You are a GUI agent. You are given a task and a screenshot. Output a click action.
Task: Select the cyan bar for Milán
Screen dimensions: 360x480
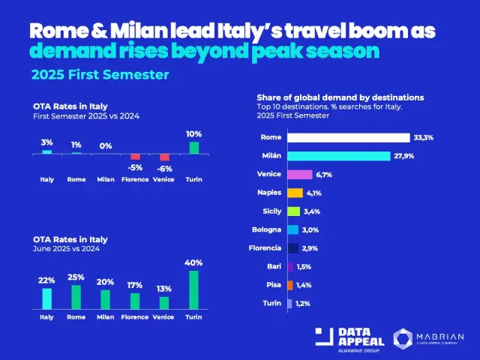(338, 156)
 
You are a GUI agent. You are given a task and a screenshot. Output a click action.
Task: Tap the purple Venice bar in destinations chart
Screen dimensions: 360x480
(299, 174)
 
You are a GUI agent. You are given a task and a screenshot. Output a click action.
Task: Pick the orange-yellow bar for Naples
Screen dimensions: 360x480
(295, 193)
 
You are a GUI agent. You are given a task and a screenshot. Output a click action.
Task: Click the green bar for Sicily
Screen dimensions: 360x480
(293, 211)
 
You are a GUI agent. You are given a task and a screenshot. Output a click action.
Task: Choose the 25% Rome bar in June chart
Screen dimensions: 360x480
(76, 297)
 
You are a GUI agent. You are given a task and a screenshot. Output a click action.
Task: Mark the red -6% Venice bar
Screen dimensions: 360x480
(164, 157)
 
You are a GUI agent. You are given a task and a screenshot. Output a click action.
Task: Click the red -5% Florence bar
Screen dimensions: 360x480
(135, 157)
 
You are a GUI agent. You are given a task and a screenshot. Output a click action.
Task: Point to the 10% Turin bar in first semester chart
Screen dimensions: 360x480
(194, 148)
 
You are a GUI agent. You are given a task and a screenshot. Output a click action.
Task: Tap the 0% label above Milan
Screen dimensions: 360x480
(106, 146)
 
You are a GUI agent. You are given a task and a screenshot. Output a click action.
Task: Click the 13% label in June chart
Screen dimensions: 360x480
(164, 289)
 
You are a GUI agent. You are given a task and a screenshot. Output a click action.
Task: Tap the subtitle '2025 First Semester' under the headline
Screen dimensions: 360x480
(100, 75)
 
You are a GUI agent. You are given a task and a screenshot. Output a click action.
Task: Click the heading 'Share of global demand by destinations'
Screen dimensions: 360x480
(340, 97)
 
